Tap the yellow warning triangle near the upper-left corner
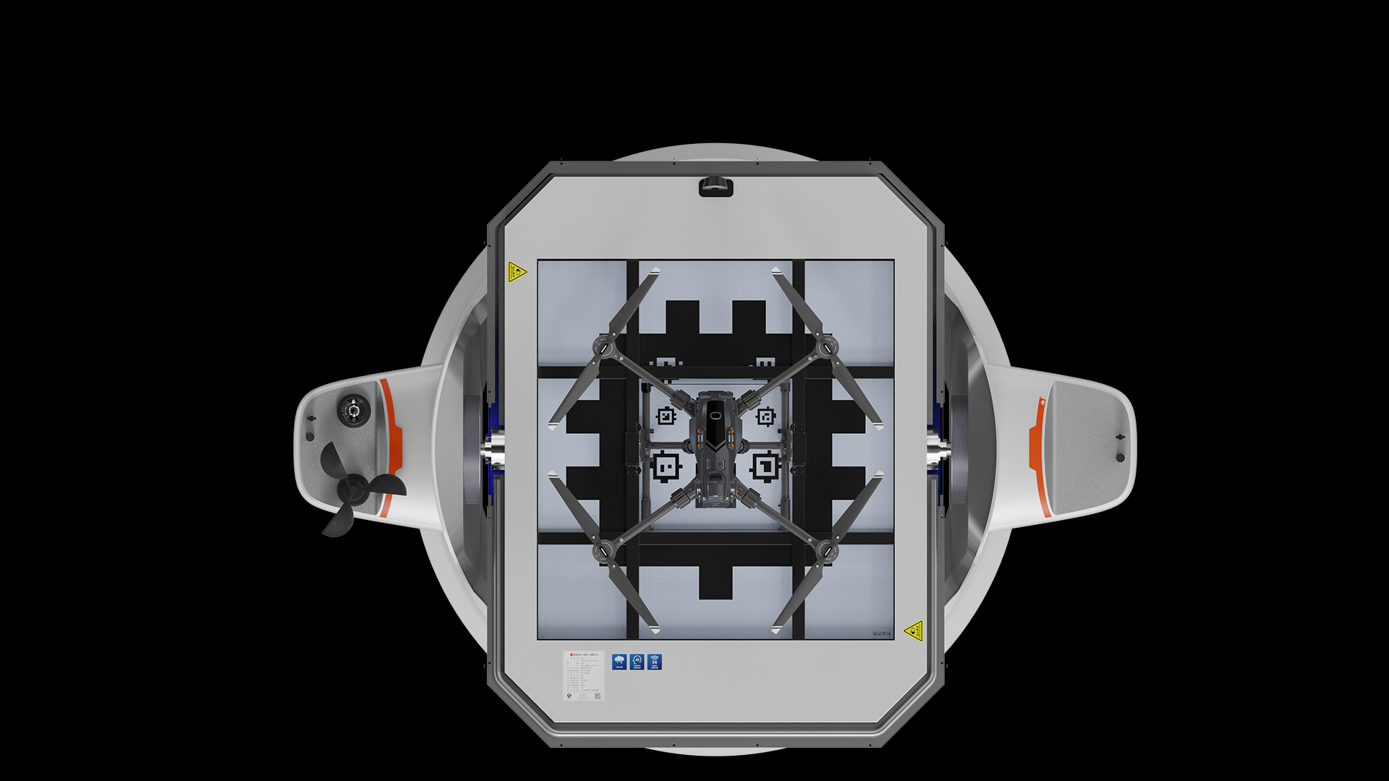coord(517,272)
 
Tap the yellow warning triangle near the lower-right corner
coord(914,631)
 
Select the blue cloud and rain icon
coord(619,662)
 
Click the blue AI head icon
coord(637,662)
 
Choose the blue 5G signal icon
coord(655,662)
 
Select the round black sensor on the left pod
coord(353,411)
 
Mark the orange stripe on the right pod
coord(1039,456)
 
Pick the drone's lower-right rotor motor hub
coord(825,552)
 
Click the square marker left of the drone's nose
coord(666,417)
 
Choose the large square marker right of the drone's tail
coord(765,466)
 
